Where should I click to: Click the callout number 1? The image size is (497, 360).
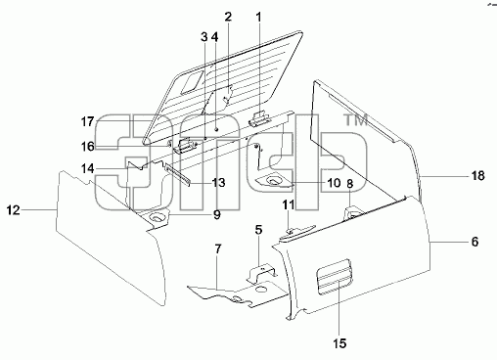[258, 18]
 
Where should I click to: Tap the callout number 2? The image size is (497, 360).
[228, 17]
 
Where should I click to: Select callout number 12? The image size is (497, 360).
[14, 210]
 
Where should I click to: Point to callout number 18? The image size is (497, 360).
[478, 176]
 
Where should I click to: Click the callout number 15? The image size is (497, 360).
[339, 343]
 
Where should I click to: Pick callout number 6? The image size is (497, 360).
[474, 242]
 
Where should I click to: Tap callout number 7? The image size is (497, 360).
[218, 249]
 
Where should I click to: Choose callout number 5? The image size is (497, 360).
[258, 230]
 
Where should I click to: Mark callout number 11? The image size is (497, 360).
[289, 204]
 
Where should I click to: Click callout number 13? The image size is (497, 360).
[218, 182]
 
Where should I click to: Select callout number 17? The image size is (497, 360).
[87, 122]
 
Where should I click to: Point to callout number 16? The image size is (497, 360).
[87, 147]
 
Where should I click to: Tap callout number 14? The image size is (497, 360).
[87, 168]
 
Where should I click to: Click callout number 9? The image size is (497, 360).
[217, 215]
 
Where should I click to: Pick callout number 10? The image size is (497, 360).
[334, 183]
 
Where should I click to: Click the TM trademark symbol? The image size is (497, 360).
[356, 119]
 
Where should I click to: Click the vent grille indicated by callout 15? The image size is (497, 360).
[334, 276]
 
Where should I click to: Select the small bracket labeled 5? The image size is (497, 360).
[261, 273]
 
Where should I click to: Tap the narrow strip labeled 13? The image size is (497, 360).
[178, 174]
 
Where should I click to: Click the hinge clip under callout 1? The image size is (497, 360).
[260, 119]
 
